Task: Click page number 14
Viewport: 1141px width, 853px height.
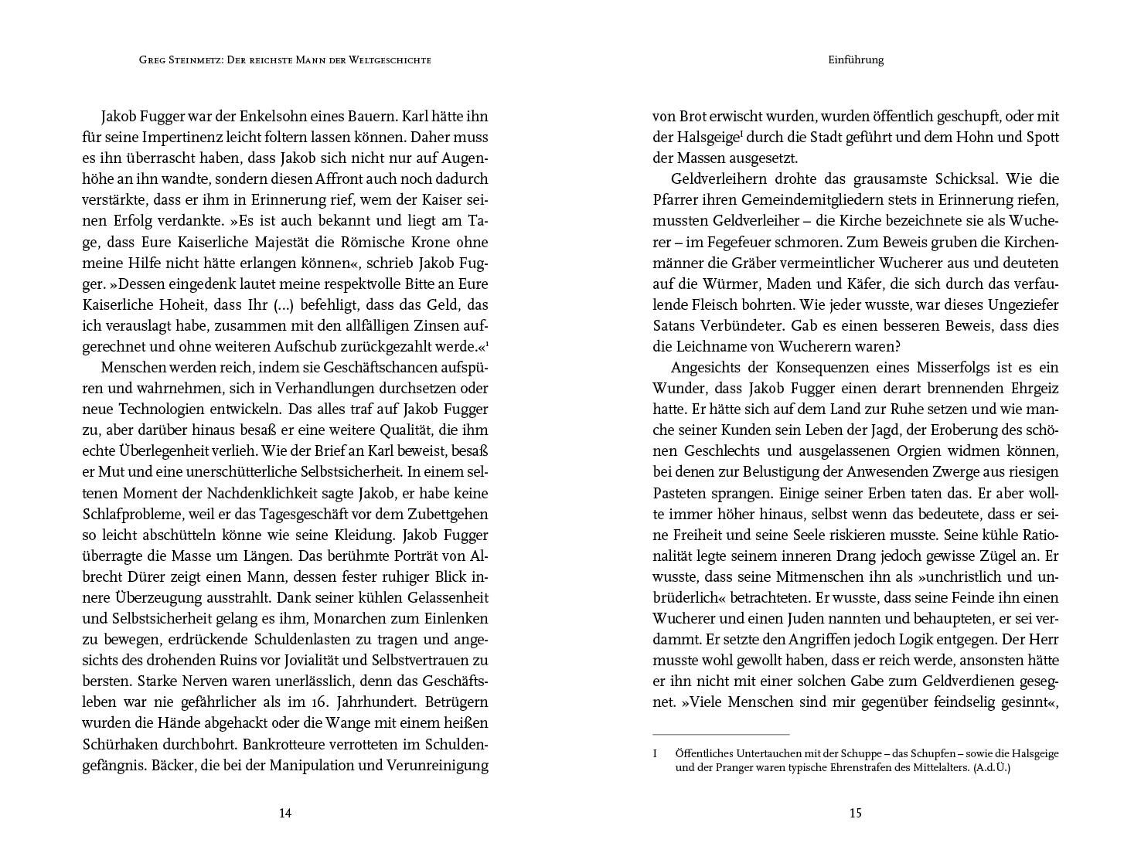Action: (x=284, y=813)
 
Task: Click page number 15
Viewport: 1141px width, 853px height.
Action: (x=855, y=813)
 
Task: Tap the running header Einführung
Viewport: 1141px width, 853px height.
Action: (x=855, y=59)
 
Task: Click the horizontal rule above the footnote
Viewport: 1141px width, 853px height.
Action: (x=720, y=734)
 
